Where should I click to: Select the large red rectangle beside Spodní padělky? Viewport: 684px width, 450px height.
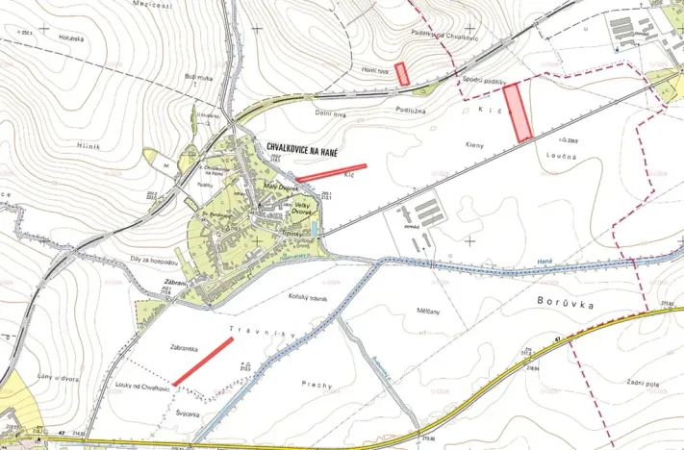[x=519, y=112]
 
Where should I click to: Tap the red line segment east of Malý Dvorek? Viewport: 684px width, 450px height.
[x=331, y=171]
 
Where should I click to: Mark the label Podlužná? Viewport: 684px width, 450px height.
[x=410, y=111]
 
